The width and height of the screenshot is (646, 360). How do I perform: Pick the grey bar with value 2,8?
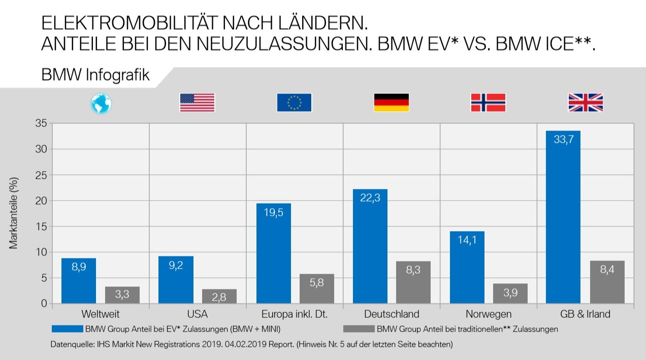[x=219, y=297]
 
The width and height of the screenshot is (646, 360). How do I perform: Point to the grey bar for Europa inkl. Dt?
[x=316, y=289]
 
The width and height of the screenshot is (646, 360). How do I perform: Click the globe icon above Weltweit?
[x=101, y=103]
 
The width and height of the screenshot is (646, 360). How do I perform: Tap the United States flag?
[x=197, y=103]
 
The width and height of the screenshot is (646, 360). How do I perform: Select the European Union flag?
[x=294, y=103]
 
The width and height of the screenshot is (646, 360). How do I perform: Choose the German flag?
[x=391, y=103]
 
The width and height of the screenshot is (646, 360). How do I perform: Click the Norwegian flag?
[x=488, y=103]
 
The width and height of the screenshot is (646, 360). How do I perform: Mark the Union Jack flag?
[x=585, y=103]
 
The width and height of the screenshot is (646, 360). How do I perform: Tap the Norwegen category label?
[x=488, y=314]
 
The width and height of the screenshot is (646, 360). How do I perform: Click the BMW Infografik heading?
[x=95, y=76]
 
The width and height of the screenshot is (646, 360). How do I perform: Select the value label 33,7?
[x=563, y=139]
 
